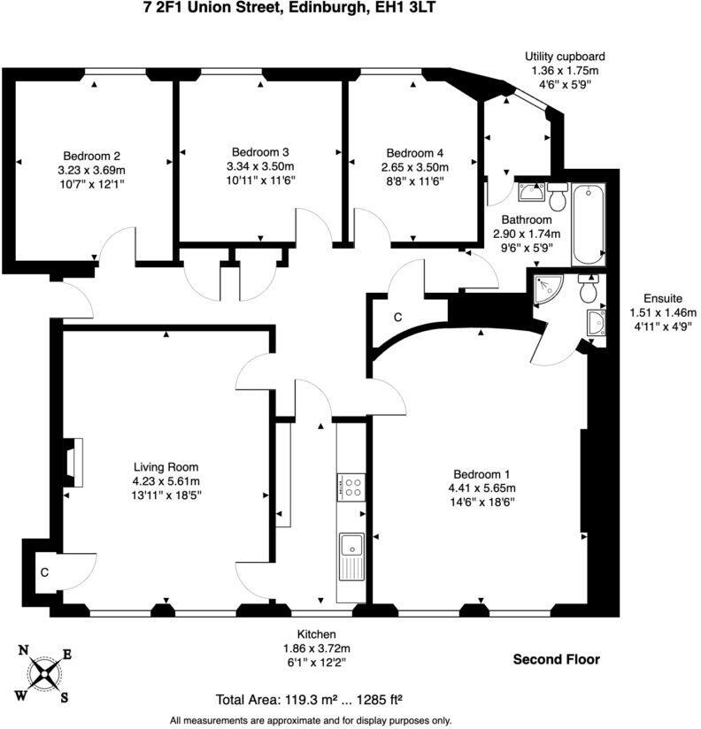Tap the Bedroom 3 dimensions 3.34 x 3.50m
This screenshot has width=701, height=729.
(x=260, y=166)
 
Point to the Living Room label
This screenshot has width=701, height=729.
(x=166, y=467)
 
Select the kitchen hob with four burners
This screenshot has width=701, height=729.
(x=351, y=487)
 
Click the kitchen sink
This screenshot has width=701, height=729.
(x=351, y=556)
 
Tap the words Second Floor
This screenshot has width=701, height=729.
(x=557, y=659)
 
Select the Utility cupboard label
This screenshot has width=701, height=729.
(x=564, y=57)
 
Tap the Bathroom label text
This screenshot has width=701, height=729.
(x=527, y=219)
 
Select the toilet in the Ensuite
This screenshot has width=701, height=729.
(x=588, y=288)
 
